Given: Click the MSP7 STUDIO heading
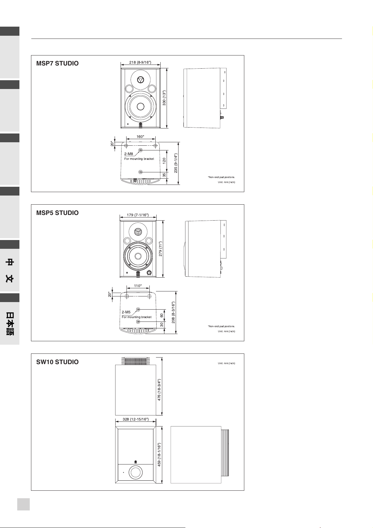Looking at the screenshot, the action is click(x=57, y=63).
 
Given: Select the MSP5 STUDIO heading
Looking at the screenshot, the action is click(x=57, y=213).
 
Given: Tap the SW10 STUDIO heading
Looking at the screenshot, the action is click(x=57, y=362).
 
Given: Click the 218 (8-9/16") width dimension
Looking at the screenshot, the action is click(x=140, y=62).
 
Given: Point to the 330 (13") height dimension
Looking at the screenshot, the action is click(x=164, y=98).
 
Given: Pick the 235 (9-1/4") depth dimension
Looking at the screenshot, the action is click(x=176, y=163).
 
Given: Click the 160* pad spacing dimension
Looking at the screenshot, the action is click(x=140, y=137).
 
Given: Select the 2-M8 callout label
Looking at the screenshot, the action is click(x=129, y=154).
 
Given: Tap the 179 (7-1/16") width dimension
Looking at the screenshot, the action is click(x=137, y=215).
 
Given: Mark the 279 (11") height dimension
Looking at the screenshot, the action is click(x=160, y=249).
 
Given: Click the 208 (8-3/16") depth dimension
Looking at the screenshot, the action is click(x=173, y=312).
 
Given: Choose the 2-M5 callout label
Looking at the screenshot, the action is click(x=126, y=312).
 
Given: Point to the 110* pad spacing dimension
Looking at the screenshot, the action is click(x=138, y=286).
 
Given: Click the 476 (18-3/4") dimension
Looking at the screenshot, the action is click(x=159, y=390).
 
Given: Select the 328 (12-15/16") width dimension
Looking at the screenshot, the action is click(x=136, y=419).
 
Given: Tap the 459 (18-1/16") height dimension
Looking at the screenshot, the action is click(x=159, y=455).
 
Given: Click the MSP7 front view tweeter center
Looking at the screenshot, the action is click(x=140, y=80).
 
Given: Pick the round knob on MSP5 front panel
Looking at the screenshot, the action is click(x=149, y=273).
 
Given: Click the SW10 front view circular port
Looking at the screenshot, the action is click(x=136, y=473).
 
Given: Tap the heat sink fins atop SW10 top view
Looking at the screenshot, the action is click(x=136, y=361).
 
